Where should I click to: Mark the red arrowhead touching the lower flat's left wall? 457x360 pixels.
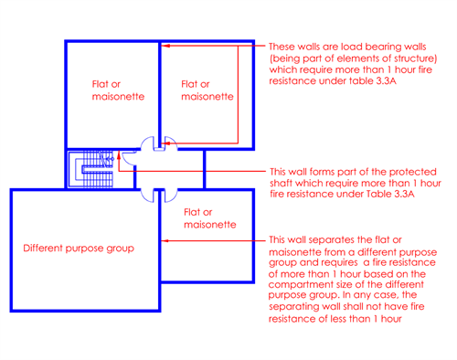point(165,241)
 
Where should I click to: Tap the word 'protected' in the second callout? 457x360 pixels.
point(405,171)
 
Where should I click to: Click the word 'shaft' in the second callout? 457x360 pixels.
point(284,183)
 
